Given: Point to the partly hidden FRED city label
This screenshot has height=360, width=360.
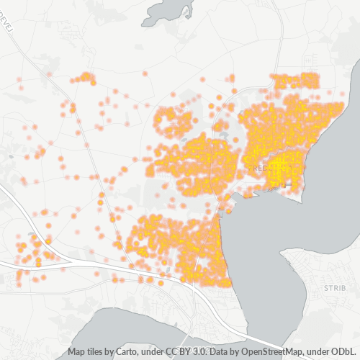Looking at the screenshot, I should click(256, 167).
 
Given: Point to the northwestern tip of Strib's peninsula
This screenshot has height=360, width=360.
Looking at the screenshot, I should click(286, 253).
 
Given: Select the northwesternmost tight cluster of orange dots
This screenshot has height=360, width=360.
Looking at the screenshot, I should click(84, 77).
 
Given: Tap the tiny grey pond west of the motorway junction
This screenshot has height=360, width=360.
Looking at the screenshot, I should click(31, 235).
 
